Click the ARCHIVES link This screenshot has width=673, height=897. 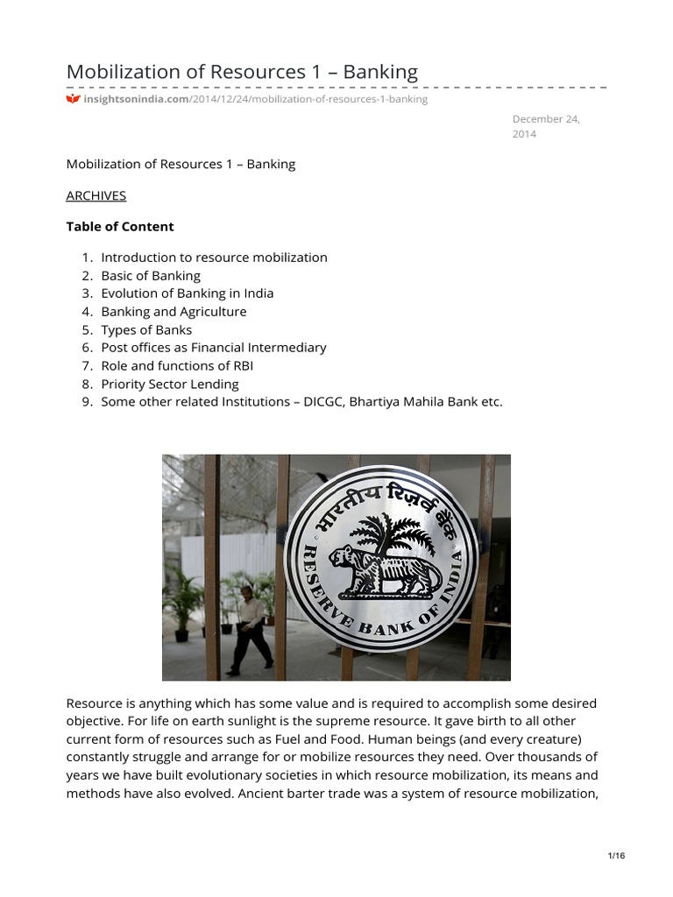click(x=96, y=195)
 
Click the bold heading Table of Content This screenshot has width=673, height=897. click(x=120, y=226)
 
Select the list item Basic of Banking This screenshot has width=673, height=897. click(x=151, y=275)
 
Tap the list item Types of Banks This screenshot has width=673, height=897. click(x=146, y=329)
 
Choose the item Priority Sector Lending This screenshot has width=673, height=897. click(x=169, y=384)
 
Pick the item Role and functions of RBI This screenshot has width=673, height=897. click(x=177, y=365)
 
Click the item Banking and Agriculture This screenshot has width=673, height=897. click(x=174, y=311)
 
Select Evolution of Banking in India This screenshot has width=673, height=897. click(x=187, y=293)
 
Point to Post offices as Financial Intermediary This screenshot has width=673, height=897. click(x=213, y=347)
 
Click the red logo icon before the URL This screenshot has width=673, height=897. click(x=74, y=99)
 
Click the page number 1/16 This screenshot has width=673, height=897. click(x=616, y=856)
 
